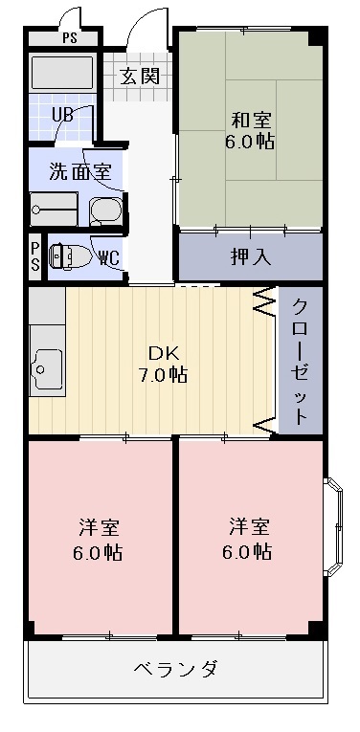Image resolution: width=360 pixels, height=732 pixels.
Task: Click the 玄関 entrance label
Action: [x=140, y=77]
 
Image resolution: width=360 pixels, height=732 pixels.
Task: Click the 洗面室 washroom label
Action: [x=80, y=173]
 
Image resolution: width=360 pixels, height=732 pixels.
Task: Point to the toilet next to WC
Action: [x=65, y=256]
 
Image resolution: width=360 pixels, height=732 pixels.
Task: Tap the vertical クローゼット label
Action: [x=300, y=362]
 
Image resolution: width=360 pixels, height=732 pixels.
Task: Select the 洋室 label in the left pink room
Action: [x=100, y=527]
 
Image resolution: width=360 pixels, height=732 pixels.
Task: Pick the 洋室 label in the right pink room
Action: [x=249, y=527]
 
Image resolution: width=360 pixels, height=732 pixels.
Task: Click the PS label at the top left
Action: [x=70, y=39]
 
